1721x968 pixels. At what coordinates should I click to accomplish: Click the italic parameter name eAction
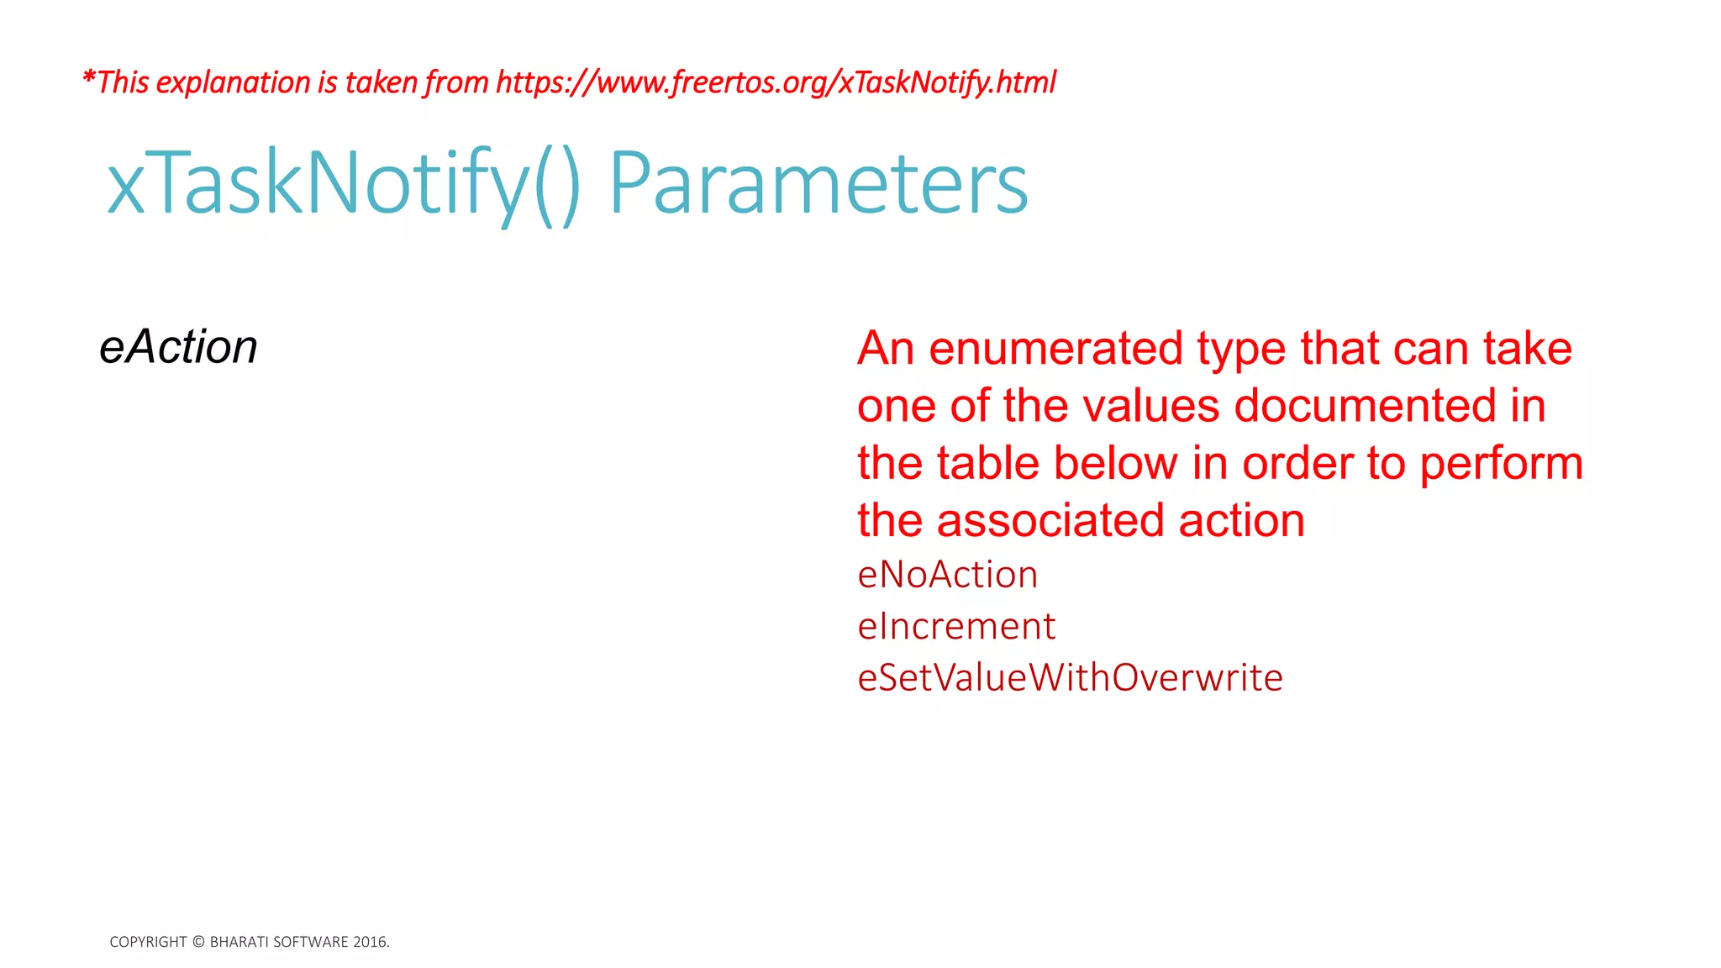[178, 347]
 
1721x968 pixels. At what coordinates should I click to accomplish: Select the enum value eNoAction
[947, 575]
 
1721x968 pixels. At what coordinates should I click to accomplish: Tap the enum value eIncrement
[955, 626]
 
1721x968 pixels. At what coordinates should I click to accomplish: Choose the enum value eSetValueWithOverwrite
[1070, 677]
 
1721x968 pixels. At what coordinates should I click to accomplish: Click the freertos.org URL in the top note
[776, 82]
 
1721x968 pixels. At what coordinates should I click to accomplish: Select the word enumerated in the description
[1055, 348]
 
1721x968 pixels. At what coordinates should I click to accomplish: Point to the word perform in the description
[1501, 464]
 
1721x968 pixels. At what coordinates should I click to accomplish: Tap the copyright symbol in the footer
[198, 942]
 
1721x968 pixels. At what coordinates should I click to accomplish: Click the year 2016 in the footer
[370, 942]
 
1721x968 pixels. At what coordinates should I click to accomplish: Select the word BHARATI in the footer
[239, 942]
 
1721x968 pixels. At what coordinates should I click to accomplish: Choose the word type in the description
[1241, 350]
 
